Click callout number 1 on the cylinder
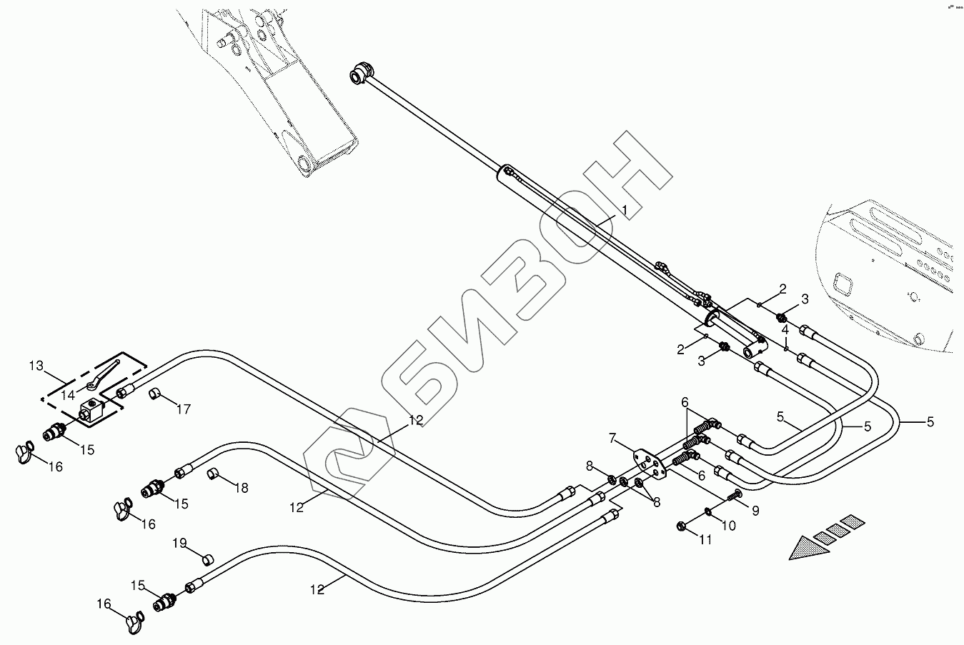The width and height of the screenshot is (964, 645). click(623, 210)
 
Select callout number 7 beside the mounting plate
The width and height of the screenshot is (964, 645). click(612, 436)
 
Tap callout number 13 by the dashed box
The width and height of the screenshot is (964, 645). click(36, 366)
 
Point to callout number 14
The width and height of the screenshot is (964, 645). click(68, 394)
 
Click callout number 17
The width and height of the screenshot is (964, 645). click(184, 409)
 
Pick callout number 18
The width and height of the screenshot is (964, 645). click(242, 488)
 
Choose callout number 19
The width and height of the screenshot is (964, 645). click(179, 544)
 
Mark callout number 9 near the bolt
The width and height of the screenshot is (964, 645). click(755, 511)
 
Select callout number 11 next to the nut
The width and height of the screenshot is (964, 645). click(705, 540)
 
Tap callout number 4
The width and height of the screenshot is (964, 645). click(785, 330)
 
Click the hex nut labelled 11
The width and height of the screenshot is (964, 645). click(681, 527)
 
